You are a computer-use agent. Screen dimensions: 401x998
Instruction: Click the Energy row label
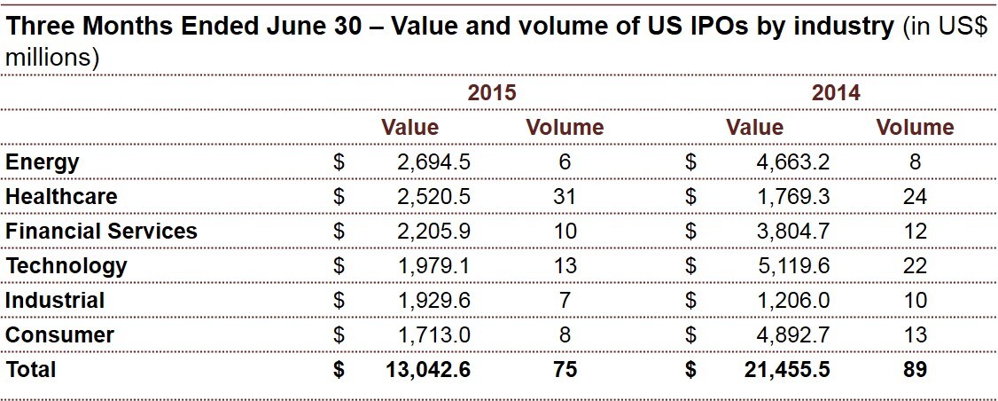[43, 162]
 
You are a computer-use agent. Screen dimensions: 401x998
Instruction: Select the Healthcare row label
[61, 196]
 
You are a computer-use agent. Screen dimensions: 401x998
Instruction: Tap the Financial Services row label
[101, 232]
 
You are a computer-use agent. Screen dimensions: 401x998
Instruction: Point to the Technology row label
[66, 265]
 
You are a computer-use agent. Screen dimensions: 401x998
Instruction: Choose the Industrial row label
[55, 300]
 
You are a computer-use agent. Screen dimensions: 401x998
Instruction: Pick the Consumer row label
[59, 334]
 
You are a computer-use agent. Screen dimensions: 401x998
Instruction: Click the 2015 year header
[492, 93]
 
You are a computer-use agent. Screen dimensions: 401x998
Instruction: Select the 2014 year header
[836, 93]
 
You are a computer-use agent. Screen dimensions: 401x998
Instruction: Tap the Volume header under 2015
[565, 128]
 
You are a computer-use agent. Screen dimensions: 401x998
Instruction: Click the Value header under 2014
[754, 128]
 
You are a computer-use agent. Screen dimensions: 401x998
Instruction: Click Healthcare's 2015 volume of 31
[565, 196]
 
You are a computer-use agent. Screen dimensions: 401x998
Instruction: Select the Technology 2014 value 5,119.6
[792, 265]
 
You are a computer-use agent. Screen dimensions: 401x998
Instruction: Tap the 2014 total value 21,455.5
[786, 369]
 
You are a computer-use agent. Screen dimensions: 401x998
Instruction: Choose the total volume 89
[915, 369]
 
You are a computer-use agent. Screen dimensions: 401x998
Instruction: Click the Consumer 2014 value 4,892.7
[792, 334]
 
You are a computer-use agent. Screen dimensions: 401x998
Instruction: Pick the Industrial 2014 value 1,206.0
[792, 300]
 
